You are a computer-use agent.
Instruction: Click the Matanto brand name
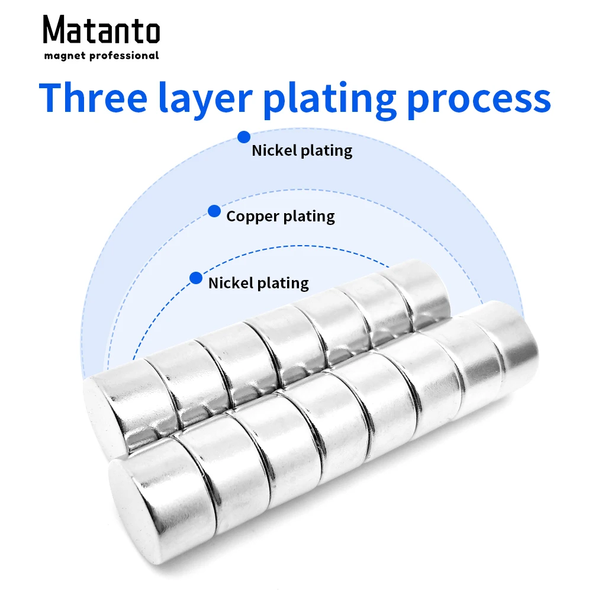tap(101, 30)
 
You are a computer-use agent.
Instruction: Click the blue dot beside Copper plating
tap(214, 211)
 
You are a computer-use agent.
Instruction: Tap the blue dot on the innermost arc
tap(195, 278)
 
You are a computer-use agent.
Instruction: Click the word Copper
tap(252, 217)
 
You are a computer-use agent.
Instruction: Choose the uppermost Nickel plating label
tap(302, 150)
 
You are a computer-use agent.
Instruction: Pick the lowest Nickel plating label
tap(259, 283)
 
